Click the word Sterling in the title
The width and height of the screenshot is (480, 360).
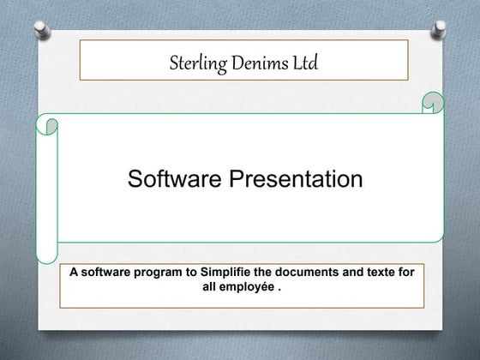coord(189,61)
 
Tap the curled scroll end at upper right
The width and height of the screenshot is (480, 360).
coord(433,104)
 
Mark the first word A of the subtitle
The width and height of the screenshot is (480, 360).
coord(74,273)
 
